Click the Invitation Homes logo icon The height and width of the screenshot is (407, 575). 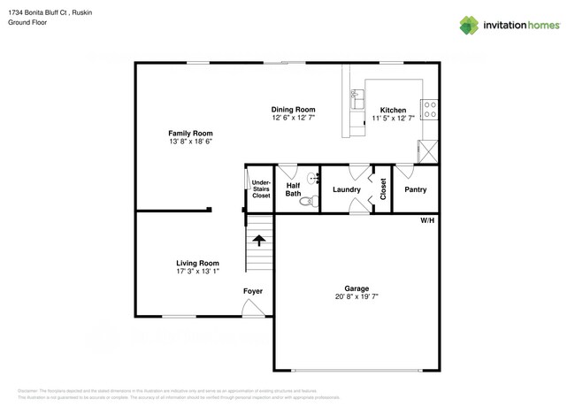(469, 25)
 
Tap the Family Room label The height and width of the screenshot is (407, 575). (190, 134)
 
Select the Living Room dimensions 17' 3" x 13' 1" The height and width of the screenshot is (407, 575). (197, 272)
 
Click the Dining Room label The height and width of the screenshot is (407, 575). (293, 110)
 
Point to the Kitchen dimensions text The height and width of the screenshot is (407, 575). (393, 118)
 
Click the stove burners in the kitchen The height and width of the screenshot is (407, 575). (429, 109)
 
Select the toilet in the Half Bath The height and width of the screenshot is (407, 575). (307, 202)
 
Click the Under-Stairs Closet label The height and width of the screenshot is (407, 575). (261, 188)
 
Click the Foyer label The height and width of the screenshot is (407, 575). (253, 291)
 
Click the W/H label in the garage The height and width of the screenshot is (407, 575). (427, 219)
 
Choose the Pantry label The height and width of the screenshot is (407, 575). (415, 190)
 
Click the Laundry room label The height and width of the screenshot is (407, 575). (346, 190)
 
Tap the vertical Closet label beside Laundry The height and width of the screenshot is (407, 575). (382, 189)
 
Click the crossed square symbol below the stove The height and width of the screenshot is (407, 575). (429, 149)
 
